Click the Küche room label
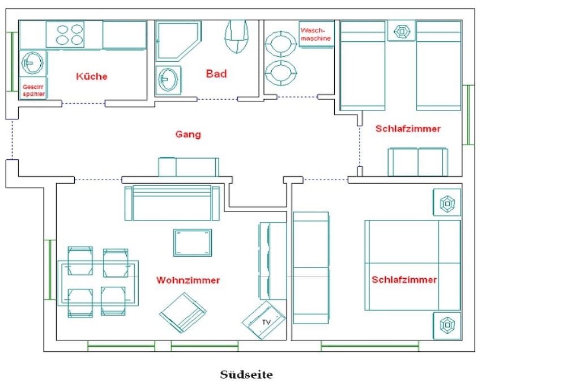click(x=92, y=76)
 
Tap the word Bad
click(x=216, y=74)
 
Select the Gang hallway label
click(x=188, y=134)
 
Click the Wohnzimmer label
click(x=188, y=280)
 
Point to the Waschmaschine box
click(x=316, y=34)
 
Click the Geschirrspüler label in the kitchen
click(x=33, y=90)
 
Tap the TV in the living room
click(x=264, y=320)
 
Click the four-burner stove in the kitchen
click(x=65, y=35)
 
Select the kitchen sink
click(x=32, y=63)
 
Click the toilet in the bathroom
click(x=236, y=36)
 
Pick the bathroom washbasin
click(x=168, y=79)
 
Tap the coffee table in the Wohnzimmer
click(x=193, y=243)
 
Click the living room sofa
click(x=172, y=203)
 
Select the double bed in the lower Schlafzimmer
click(x=412, y=265)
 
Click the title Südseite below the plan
click(x=246, y=375)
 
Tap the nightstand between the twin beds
click(x=402, y=31)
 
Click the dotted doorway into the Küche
click(x=84, y=104)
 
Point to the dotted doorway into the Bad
click(x=217, y=99)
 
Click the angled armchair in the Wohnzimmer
click(x=183, y=313)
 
